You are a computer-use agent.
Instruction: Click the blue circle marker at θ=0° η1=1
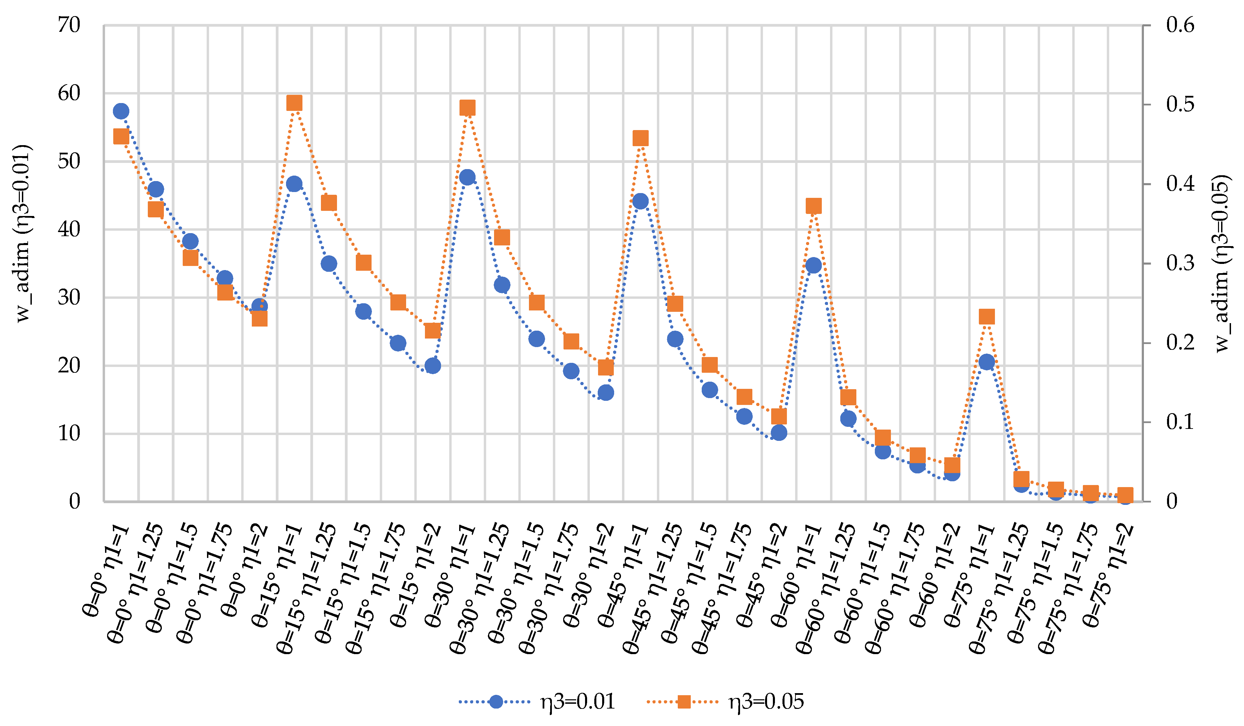coord(121,111)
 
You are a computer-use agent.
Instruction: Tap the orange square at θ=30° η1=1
coord(467,108)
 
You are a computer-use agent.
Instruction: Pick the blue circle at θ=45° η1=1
coord(640,202)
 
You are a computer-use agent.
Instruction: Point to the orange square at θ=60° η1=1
coord(814,206)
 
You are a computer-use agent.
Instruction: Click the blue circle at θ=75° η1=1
coord(986,362)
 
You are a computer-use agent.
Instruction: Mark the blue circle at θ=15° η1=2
coord(432,366)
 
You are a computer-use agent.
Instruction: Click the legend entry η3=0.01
coord(578,701)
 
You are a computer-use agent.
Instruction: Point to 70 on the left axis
coord(69,25)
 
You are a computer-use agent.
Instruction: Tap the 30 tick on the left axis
coord(69,297)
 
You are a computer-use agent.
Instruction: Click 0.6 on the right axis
coord(1180,25)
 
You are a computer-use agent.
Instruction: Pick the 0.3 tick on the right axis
coord(1180,263)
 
